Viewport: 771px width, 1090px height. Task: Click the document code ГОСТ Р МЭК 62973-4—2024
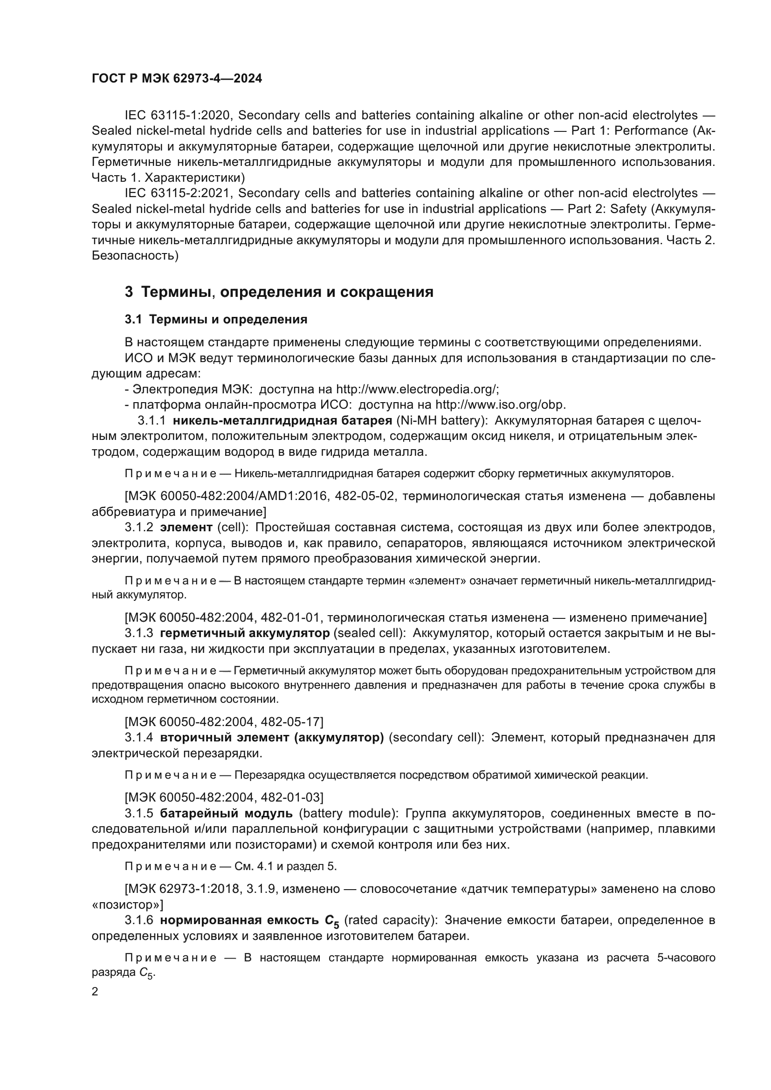tap(177, 79)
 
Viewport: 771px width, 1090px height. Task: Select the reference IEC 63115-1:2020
tap(179, 116)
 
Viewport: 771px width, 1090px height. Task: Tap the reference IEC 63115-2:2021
tap(179, 193)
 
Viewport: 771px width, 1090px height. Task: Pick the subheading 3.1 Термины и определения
tap(216, 320)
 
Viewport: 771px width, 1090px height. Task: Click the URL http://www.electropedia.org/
tap(417, 389)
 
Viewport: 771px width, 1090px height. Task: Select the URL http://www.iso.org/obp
tap(500, 405)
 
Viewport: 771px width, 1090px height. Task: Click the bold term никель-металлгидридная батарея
tap(282, 421)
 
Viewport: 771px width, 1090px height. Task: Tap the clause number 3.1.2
tap(139, 528)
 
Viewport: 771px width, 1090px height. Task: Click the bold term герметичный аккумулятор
tap(245, 633)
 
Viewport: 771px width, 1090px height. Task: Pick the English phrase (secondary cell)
tap(436, 738)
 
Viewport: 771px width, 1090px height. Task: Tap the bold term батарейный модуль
tap(227, 813)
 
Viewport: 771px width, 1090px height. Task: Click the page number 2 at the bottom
tap(95, 992)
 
